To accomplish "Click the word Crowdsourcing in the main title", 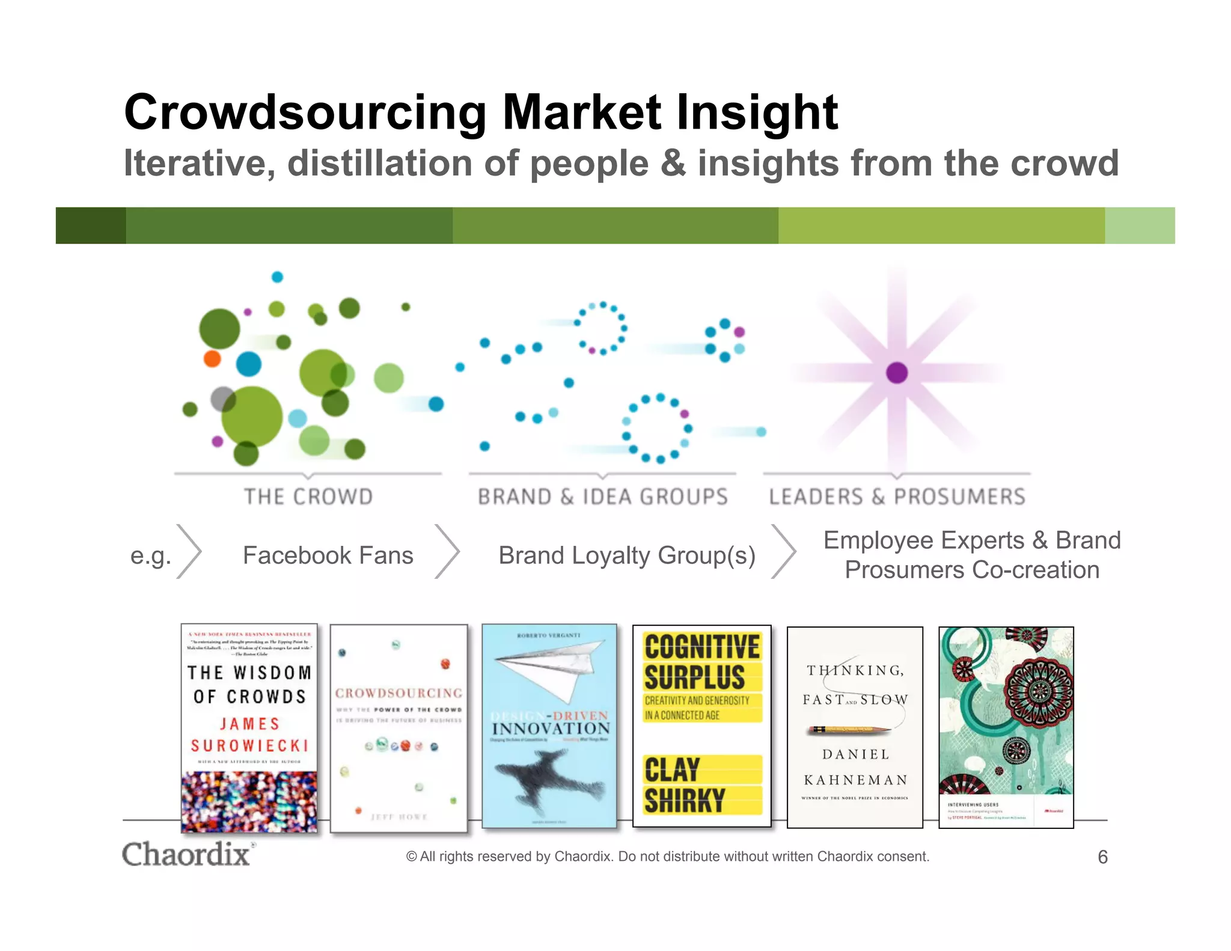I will click(x=305, y=113).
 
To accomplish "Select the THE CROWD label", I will click(x=308, y=497).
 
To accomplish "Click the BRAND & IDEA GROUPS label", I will click(x=603, y=497).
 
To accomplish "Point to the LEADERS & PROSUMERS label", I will click(x=897, y=497).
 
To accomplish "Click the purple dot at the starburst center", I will click(x=897, y=373).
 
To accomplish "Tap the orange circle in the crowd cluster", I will click(x=212, y=358).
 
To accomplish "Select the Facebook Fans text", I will click(x=328, y=555).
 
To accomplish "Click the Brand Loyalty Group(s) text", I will click(x=626, y=555).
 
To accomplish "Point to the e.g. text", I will click(x=150, y=555).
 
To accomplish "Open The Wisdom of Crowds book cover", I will click(x=249, y=728).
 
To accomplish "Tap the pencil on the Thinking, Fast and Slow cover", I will click(x=849, y=730).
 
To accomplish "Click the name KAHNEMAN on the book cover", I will click(x=855, y=780).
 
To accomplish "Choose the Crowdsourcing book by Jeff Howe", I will click(x=399, y=728).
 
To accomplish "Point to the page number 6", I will click(x=1102, y=857).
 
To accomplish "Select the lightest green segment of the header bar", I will click(x=1140, y=225).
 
